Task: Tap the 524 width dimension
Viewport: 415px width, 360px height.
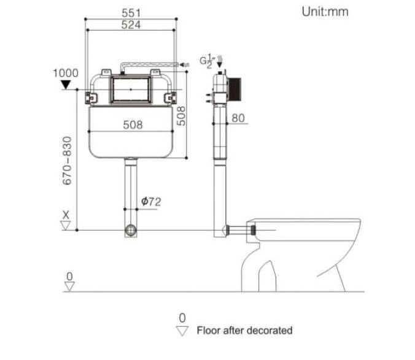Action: (131, 25)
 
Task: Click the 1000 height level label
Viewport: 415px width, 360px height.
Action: (66, 73)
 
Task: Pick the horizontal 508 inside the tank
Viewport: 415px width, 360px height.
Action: (133, 124)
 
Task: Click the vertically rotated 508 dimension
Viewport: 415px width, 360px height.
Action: (182, 115)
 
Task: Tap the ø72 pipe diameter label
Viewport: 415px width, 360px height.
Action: (152, 201)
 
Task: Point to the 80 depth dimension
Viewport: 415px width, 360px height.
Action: (238, 118)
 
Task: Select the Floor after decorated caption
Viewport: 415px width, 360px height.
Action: (244, 331)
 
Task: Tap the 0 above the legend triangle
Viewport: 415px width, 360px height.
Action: (182, 318)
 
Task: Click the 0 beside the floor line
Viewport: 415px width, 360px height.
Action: (69, 276)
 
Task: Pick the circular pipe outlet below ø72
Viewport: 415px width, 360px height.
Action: (130, 231)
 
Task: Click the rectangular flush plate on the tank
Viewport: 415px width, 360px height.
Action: (131, 89)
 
